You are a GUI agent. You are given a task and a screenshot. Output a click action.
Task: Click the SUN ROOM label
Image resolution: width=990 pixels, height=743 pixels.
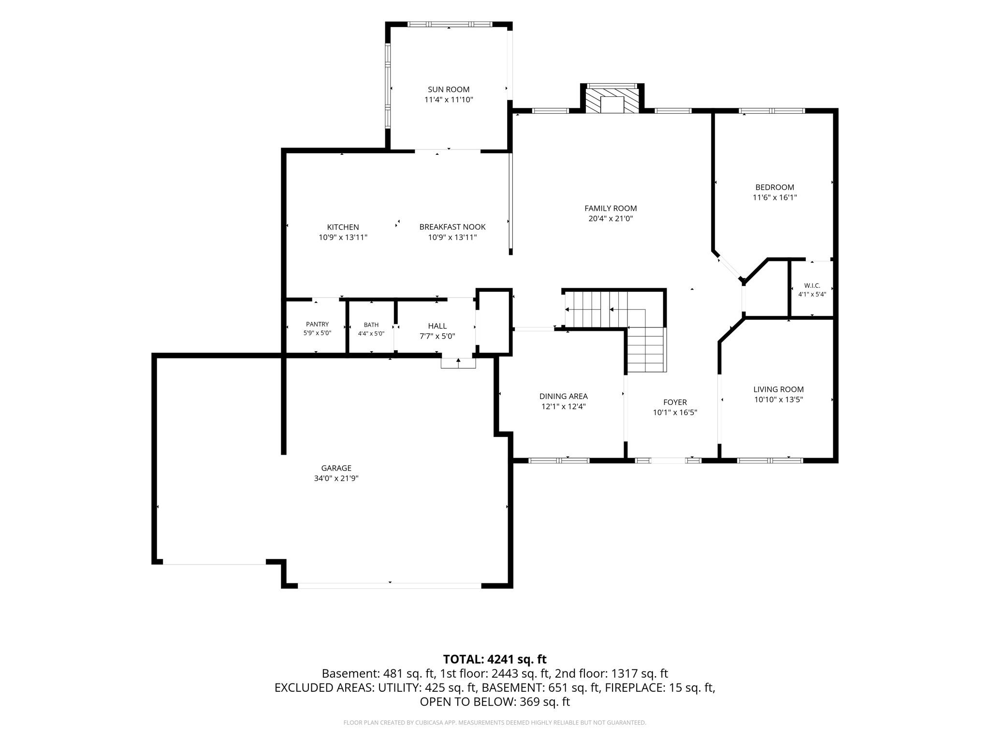pos(449,89)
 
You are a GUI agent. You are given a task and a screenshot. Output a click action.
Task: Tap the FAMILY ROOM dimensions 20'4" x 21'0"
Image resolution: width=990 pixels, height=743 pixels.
pos(611,219)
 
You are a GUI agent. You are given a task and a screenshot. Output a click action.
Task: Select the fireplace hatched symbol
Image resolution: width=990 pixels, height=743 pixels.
pos(612,100)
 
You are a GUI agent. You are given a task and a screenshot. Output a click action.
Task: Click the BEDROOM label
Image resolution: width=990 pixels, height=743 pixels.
pos(774,187)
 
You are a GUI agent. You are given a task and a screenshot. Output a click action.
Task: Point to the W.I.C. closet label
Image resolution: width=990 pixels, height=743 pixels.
pos(812,286)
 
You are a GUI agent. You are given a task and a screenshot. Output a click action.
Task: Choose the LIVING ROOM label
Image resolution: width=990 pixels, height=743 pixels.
pos(778,389)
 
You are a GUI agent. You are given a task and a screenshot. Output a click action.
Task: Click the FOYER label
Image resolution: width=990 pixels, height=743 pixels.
pos(675,402)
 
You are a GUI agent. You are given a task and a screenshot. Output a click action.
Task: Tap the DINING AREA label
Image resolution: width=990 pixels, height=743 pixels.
pos(564,397)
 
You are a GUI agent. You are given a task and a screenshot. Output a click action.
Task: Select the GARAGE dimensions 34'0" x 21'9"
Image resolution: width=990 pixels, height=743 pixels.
pos(336,478)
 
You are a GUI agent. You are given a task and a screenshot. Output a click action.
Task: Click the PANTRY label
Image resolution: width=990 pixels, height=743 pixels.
pos(317,325)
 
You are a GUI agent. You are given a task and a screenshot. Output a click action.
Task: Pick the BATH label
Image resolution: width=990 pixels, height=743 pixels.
pos(371,325)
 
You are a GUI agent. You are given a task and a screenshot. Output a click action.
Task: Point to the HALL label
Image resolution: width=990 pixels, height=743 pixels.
pos(437,326)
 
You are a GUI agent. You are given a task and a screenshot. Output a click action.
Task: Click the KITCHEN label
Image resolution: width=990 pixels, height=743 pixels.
pos(343,227)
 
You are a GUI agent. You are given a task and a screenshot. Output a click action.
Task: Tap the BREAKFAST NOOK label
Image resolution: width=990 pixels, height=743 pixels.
pos(452,227)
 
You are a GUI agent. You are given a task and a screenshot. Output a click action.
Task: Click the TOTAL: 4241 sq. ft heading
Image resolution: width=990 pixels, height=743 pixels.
pos(495,659)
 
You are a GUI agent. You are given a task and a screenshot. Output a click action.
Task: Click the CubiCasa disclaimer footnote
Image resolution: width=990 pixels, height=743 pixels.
pos(495,723)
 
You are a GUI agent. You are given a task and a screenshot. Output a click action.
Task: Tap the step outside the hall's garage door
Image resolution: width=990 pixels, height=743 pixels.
pos(458,363)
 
